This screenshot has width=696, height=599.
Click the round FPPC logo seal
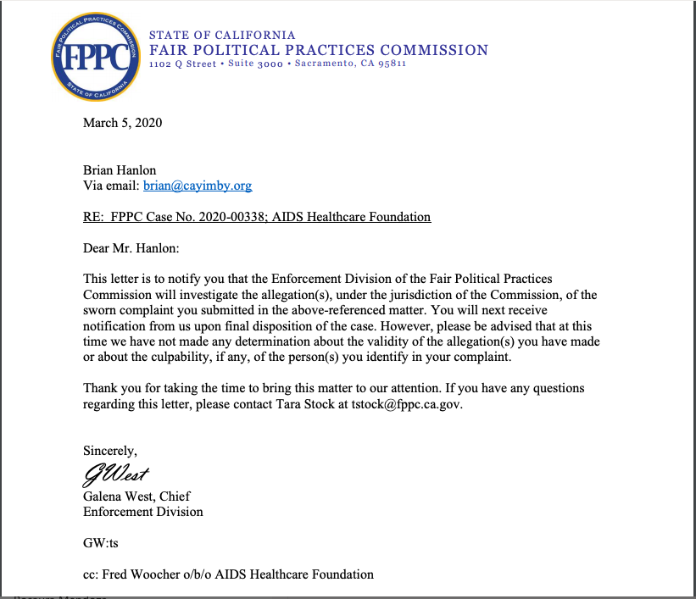coord(95,56)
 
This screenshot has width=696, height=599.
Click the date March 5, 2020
coord(122,123)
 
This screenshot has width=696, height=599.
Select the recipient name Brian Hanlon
coord(120,170)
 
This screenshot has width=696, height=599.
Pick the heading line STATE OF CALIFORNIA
coord(222,36)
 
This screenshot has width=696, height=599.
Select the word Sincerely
coord(109,450)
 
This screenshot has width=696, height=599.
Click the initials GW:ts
coord(101,543)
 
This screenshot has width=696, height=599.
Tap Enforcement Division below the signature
coord(142,512)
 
